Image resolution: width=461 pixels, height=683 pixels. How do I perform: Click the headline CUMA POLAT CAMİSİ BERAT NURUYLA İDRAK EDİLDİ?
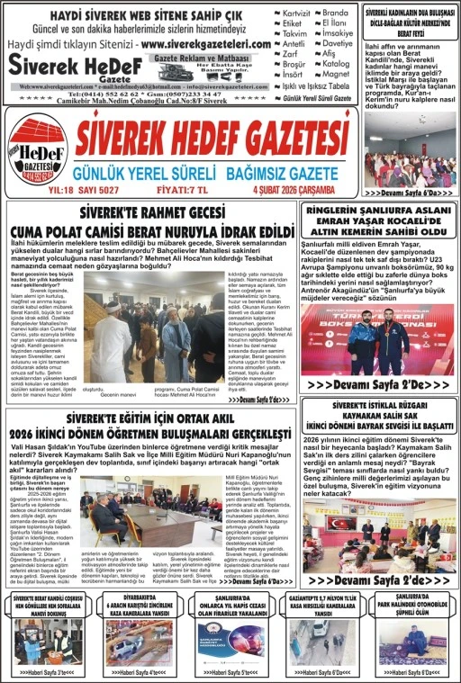(174, 231)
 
